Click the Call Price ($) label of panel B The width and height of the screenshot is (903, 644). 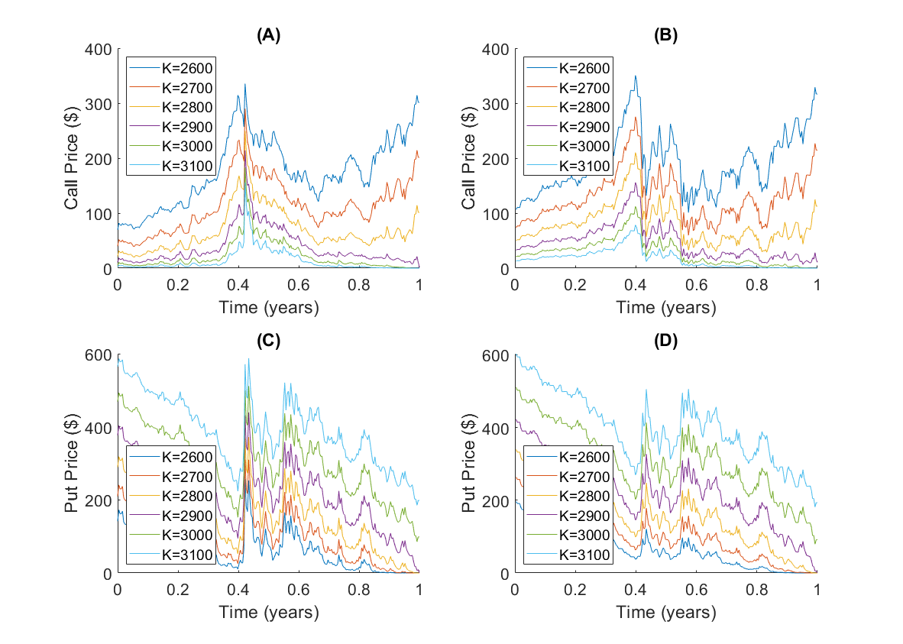tap(471, 159)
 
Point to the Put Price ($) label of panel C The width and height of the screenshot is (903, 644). tap(73, 464)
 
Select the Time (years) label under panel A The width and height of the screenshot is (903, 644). tap(268, 308)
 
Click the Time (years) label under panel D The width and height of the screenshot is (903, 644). tap(665, 613)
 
